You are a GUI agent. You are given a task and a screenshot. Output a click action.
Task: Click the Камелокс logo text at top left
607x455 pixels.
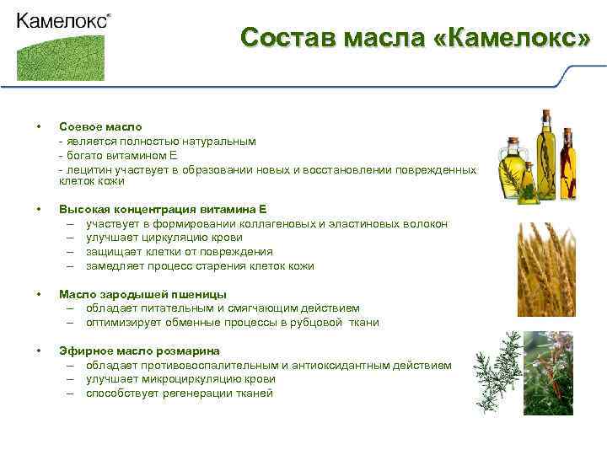click(x=62, y=21)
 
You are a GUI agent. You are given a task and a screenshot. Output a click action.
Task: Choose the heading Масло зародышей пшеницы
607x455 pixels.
click(x=142, y=294)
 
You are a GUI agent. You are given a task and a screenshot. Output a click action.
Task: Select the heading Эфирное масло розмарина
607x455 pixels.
click(x=139, y=351)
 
